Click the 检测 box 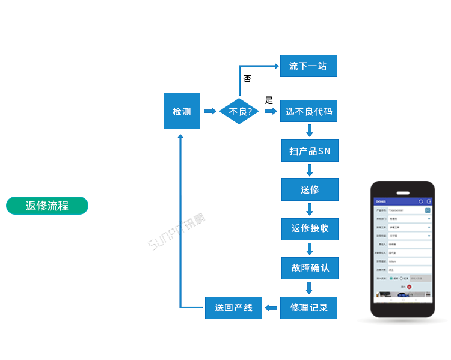click(182, 111)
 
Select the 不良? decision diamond click(239, 111)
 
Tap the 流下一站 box click(308, 66)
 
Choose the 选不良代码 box click(308, 111)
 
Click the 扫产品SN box click(310, 151)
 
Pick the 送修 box click(310, 189)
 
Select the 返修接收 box click(310, 228)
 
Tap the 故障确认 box click(310, 268)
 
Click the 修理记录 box click(309, 308)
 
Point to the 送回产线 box click(234, 308)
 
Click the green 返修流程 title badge click(47, 206)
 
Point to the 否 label click(247, 79)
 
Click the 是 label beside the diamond click(268, 100)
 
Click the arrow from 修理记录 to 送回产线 click(272, 308)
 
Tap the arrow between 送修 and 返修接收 click(310, 209)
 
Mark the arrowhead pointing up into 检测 click(180, 136)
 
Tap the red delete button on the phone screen click(410, 287)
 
